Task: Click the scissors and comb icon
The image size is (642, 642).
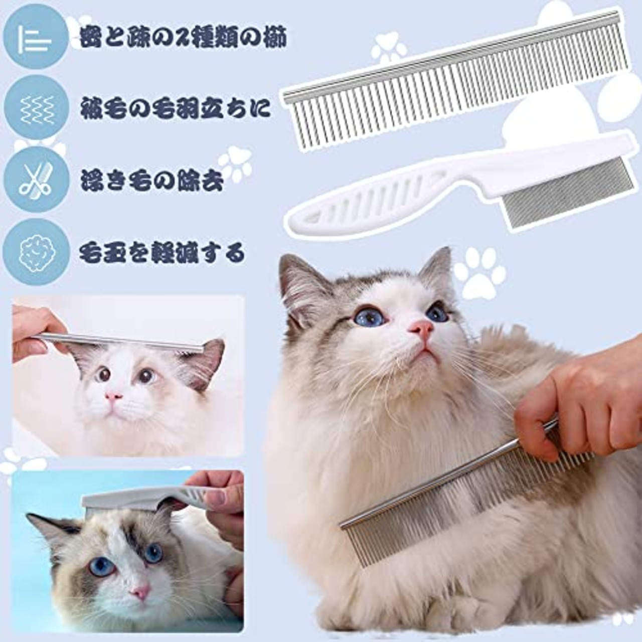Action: (x=35, y=180)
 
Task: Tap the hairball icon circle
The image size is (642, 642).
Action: (x=35, y=252)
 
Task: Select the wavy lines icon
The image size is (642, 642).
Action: (x=35, y=107)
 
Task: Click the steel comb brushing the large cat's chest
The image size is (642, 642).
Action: (x=451, y=497)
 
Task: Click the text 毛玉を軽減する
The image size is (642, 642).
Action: (x=162, y=253)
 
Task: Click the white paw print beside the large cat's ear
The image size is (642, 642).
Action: (x=481, y=273)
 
